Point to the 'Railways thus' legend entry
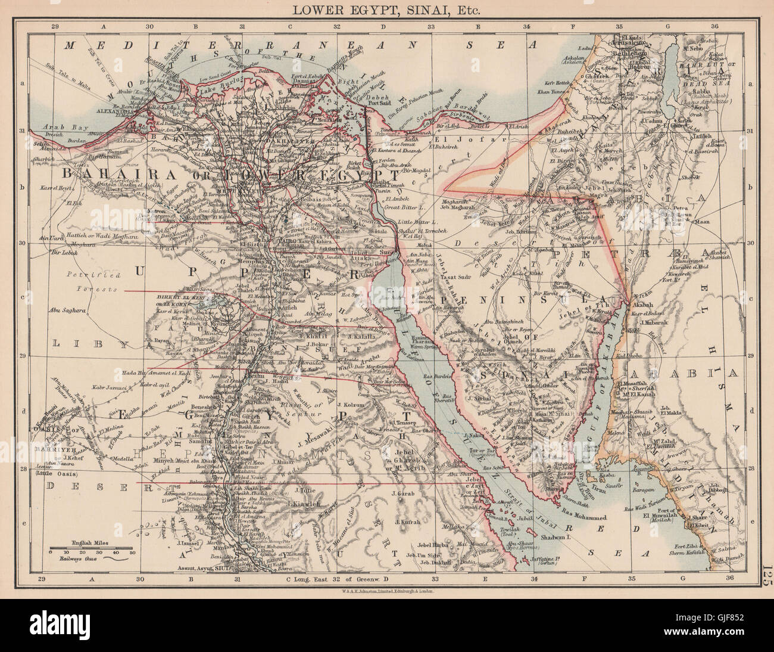click(83, 559)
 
